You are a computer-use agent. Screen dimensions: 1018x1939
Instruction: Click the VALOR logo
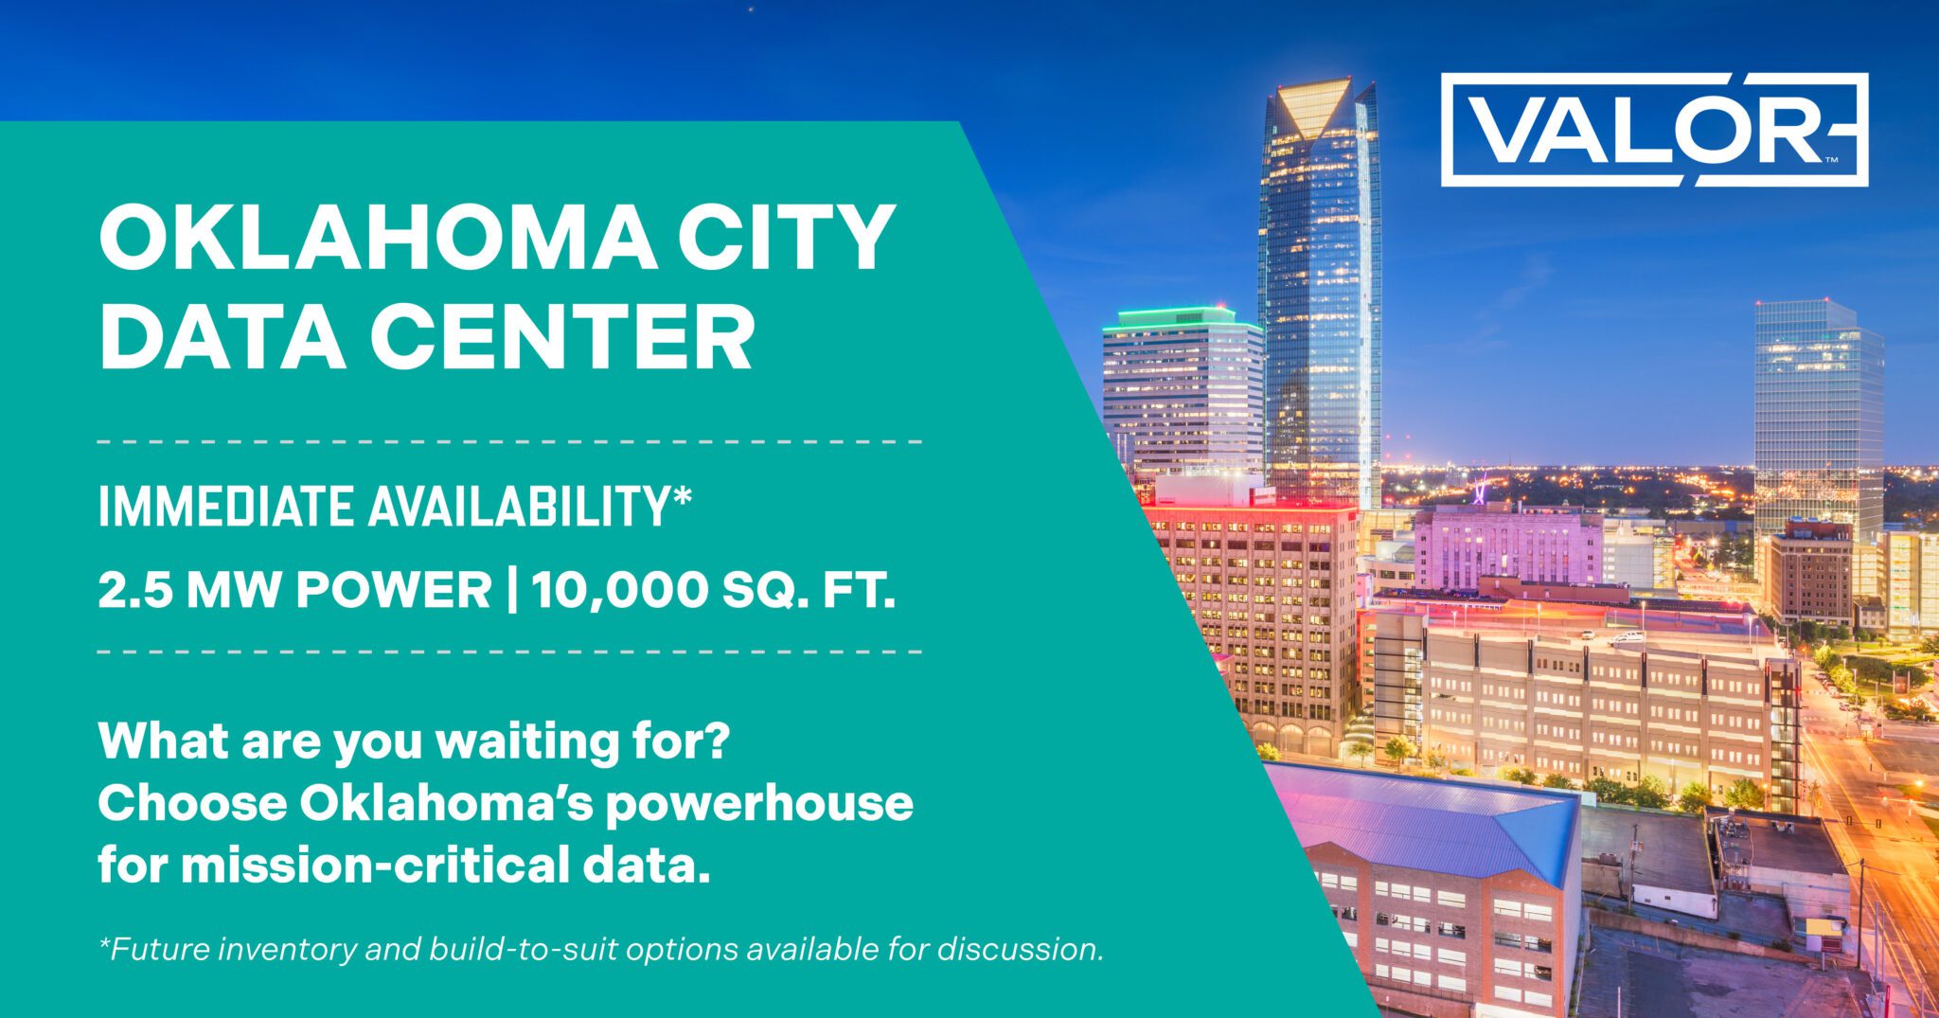click(1654, 129)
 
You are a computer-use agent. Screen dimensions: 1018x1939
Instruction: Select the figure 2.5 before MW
click(135, 591)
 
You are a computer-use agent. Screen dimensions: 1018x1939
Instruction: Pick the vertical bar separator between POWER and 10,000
click(512, 591)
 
